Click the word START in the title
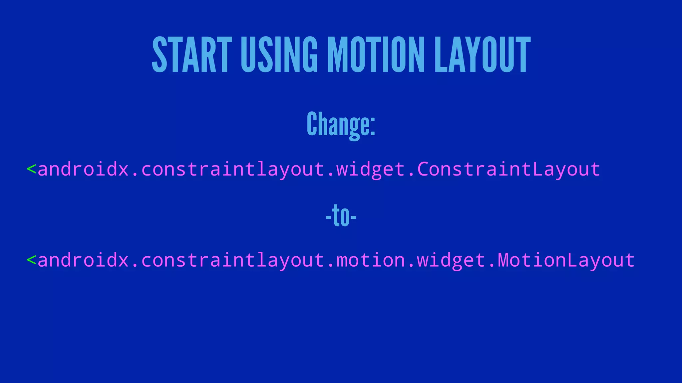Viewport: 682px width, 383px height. (192, 55)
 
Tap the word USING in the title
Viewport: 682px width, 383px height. (279, 55)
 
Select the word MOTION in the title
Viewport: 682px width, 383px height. (376, 55)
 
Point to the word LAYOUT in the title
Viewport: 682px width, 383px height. (483, 55)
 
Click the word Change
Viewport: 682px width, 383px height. (338, 124)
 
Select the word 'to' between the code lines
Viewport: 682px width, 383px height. (341, 216)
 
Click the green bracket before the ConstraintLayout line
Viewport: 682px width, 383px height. (31, 169)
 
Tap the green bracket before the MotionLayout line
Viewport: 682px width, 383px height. (31, 260)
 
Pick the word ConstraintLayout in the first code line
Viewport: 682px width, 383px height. (509, 169)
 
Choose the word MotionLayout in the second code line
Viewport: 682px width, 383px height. (566, 260)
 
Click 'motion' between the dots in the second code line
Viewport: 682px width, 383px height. (371, 260)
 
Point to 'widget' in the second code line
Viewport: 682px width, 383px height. (451, 260)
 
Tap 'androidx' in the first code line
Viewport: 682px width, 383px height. (83, 169)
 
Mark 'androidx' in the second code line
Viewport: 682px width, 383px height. (83, 260)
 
